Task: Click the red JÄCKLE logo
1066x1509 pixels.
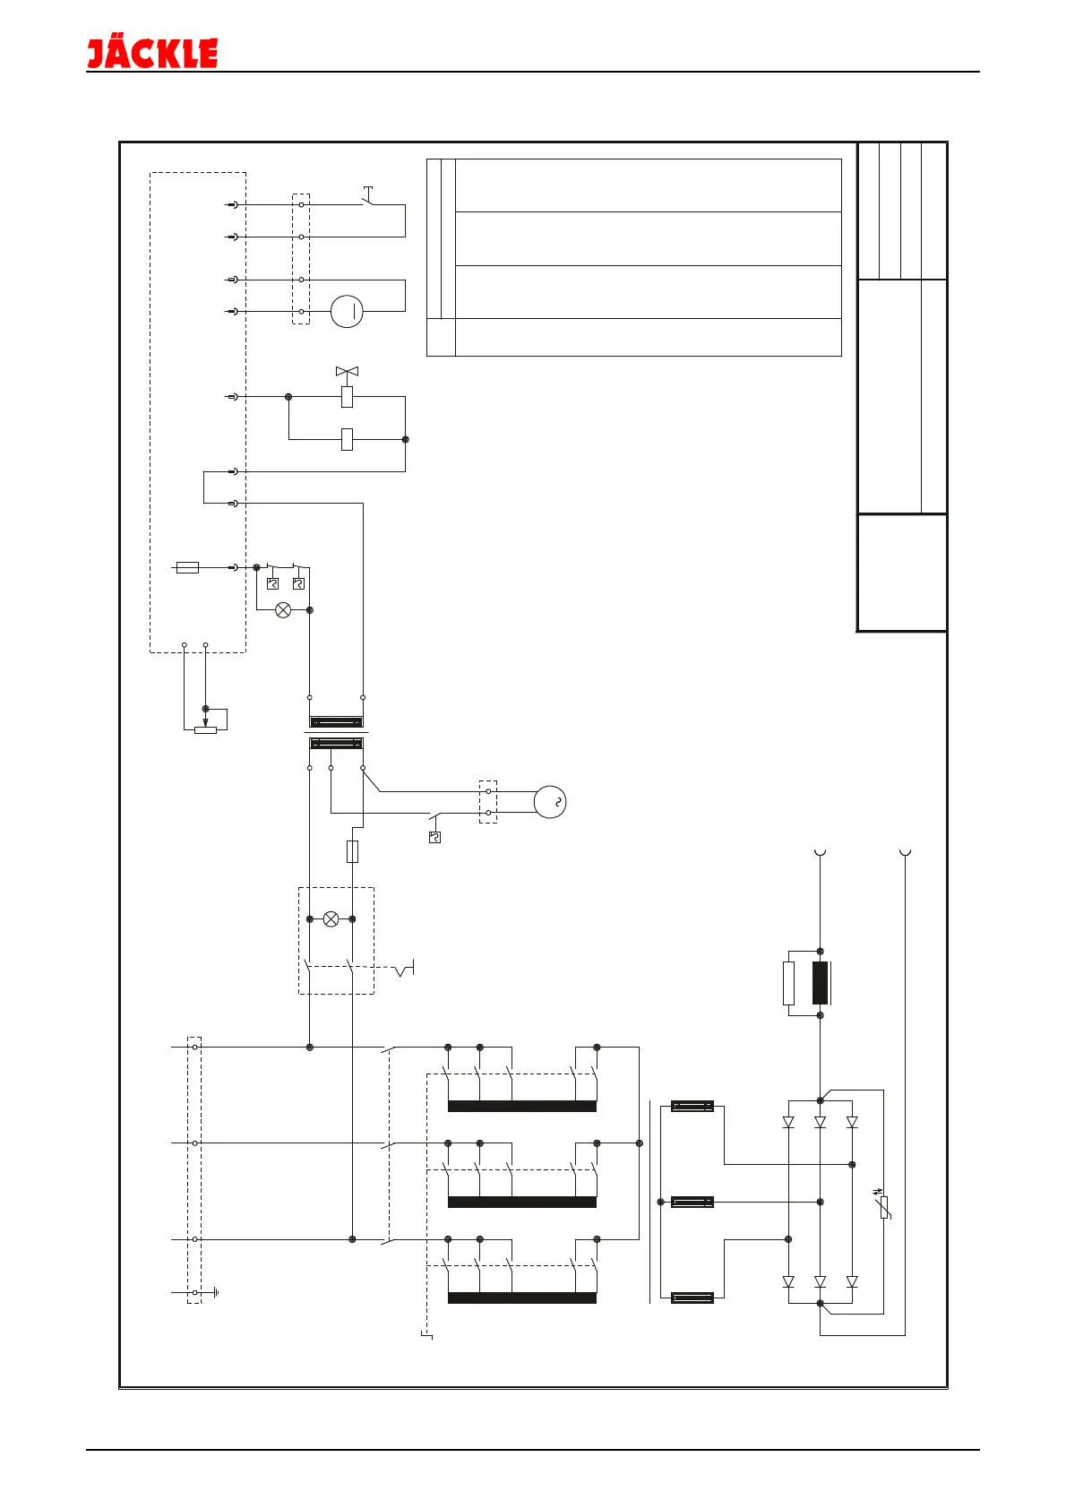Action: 152,53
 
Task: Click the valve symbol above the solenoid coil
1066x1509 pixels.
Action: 347,371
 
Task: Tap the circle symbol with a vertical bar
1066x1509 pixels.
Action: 347,312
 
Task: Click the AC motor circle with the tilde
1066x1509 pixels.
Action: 550,802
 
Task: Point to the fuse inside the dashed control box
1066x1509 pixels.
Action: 187,567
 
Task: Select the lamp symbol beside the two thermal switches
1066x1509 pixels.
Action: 283,610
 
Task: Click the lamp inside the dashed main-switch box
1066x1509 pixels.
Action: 331,919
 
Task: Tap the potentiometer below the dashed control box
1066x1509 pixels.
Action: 205,729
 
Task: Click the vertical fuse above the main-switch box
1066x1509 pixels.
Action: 352,851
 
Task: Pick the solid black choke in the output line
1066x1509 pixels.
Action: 820,983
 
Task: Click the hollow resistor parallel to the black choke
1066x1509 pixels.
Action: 788,983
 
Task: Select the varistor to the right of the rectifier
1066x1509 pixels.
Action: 884,1206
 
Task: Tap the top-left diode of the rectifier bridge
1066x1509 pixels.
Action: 788,1122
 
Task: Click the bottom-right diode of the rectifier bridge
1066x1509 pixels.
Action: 852,1282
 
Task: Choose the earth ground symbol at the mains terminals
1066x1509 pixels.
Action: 216,1293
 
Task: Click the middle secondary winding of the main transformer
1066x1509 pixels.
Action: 692,1202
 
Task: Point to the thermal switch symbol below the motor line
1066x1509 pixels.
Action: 434,838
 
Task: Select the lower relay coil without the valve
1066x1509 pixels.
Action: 347,440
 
